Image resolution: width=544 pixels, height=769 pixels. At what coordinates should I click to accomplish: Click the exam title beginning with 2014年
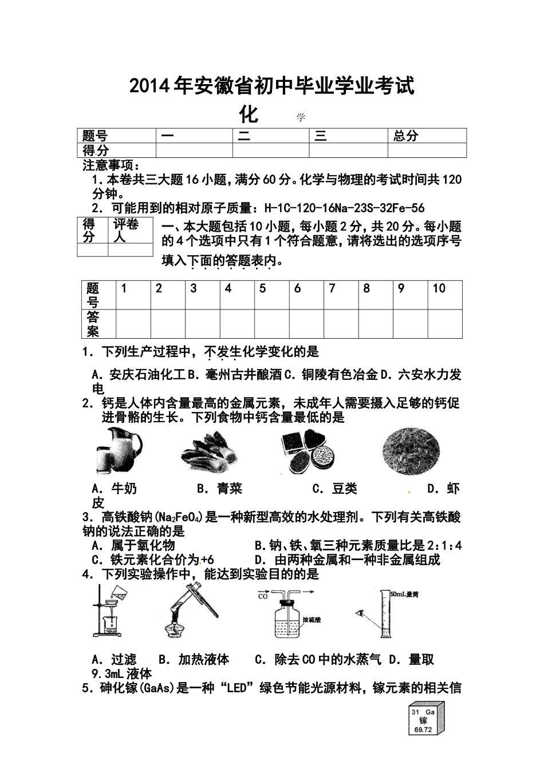(271, 86)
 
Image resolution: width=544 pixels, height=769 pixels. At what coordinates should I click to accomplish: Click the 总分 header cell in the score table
(406, 136)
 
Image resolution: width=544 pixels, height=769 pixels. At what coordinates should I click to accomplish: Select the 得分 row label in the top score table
(96, 150)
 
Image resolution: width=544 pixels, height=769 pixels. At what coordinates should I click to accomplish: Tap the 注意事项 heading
(108, 165)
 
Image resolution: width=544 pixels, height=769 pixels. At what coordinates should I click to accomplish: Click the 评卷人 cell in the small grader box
(125, 229)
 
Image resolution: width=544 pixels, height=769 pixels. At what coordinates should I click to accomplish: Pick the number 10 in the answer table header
(439, 288)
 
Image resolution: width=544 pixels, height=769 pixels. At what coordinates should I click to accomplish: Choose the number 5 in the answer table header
(263, 288)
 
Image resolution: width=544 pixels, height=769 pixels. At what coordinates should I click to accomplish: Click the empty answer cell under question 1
(133, 324)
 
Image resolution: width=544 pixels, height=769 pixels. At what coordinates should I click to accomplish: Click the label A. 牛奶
(115, 489)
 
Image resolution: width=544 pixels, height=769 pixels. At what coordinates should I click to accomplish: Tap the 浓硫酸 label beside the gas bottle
(313, 619)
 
